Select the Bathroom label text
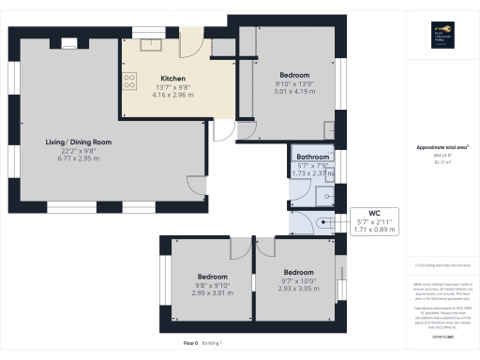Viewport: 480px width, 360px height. coord(312,157)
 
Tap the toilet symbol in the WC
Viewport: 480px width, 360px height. coord(322,223)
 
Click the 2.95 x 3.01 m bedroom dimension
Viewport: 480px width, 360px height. coord(212,292)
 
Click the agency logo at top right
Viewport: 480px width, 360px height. coord(442,36)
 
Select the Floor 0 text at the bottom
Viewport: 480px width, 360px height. coord(190,344)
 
